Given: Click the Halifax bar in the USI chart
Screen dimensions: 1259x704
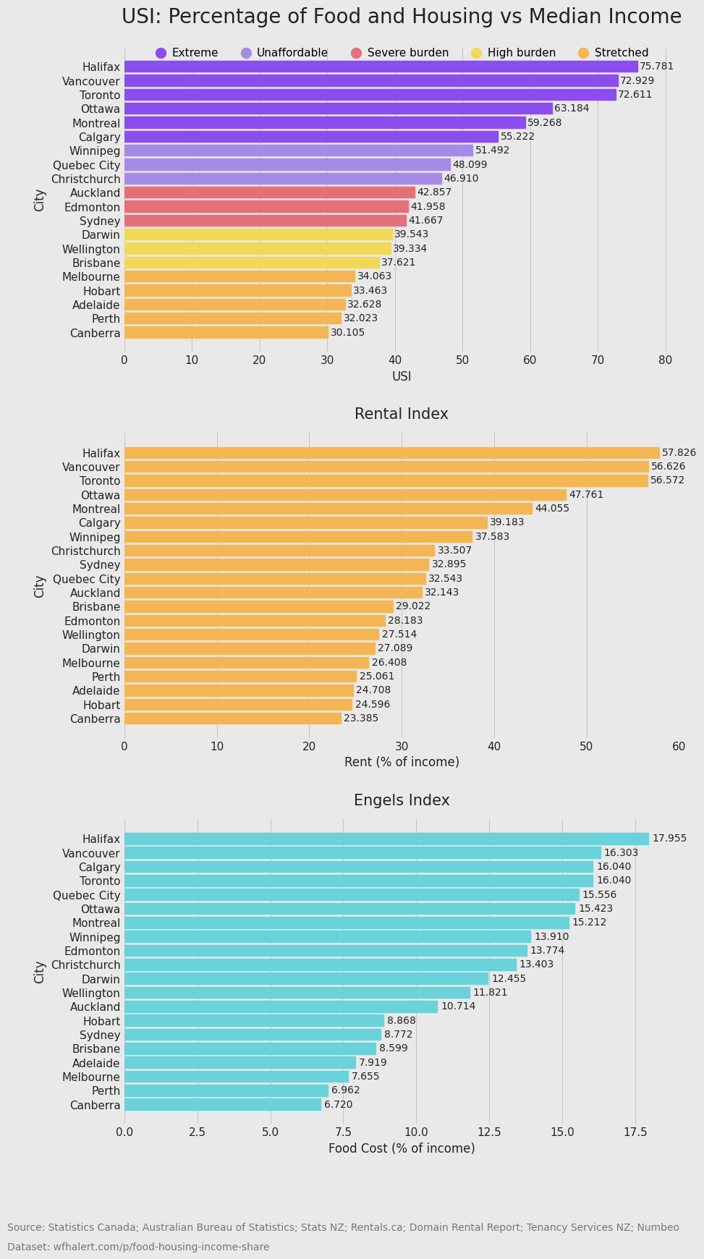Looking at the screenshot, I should (381, 67).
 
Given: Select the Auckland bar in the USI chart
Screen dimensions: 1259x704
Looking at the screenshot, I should (269, 192).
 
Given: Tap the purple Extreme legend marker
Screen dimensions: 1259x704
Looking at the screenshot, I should (161, 53).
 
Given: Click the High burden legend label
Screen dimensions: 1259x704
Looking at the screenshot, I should (521, 53).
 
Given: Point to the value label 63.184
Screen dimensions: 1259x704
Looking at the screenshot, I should (572, 109).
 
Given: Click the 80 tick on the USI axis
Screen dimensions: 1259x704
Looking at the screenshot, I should (665, 360).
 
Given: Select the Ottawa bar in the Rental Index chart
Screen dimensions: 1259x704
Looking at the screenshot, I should (345, 495).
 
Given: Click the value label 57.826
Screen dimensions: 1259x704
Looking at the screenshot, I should (679, 453).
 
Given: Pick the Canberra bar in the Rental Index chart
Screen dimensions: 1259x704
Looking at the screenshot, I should (232, 718).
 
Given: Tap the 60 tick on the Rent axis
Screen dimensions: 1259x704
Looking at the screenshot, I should (679, 746).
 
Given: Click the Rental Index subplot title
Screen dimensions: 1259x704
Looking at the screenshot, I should (401, 415).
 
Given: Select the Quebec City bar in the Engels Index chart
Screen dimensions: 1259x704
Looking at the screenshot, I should (352, 895).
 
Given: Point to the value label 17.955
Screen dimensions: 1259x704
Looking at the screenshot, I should (669, 839).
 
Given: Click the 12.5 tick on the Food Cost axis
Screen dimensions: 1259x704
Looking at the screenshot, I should (489, 1132).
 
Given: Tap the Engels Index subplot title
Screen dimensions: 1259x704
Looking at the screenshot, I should (401, 801).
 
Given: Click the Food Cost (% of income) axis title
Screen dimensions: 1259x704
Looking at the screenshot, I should (401, 1148).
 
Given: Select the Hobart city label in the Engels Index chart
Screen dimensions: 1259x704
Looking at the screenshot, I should (101, 1021).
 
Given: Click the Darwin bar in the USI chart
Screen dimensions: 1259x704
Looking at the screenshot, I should (258, 234).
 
